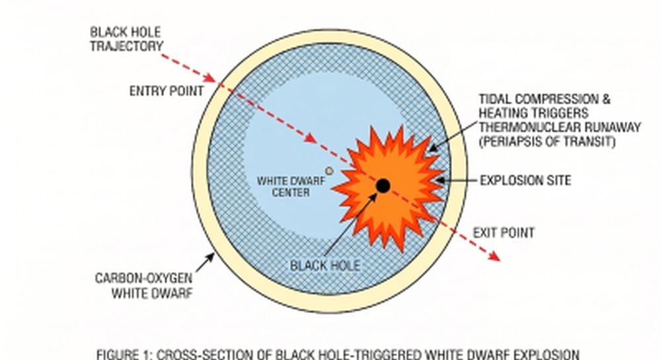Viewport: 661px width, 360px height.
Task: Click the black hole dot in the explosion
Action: tap(383, 186)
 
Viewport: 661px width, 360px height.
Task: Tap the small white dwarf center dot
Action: tap(329, 170)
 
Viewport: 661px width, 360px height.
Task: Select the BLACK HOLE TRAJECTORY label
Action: tap(126, 39)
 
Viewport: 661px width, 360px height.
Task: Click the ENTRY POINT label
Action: tap(167, 91)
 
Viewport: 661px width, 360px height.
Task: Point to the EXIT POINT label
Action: tap(503, 233)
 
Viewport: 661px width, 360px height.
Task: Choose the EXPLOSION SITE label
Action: tap(525, 180)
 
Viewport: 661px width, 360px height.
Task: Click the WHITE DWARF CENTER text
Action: tap(291, 186)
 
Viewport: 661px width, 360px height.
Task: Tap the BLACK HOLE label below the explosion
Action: tap(325, 266)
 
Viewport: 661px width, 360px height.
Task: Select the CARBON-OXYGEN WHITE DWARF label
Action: tap(144, 285)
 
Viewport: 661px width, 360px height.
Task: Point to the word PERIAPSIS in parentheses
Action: tap(509, 141)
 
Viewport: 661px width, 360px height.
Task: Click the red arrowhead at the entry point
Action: tap(210, 78)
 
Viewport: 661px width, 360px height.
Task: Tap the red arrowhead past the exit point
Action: tap(494, 256)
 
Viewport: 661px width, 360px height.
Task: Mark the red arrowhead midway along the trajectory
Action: tap(310, 138)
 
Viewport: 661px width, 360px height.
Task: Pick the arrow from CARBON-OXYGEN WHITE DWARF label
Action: tap(205, 262)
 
